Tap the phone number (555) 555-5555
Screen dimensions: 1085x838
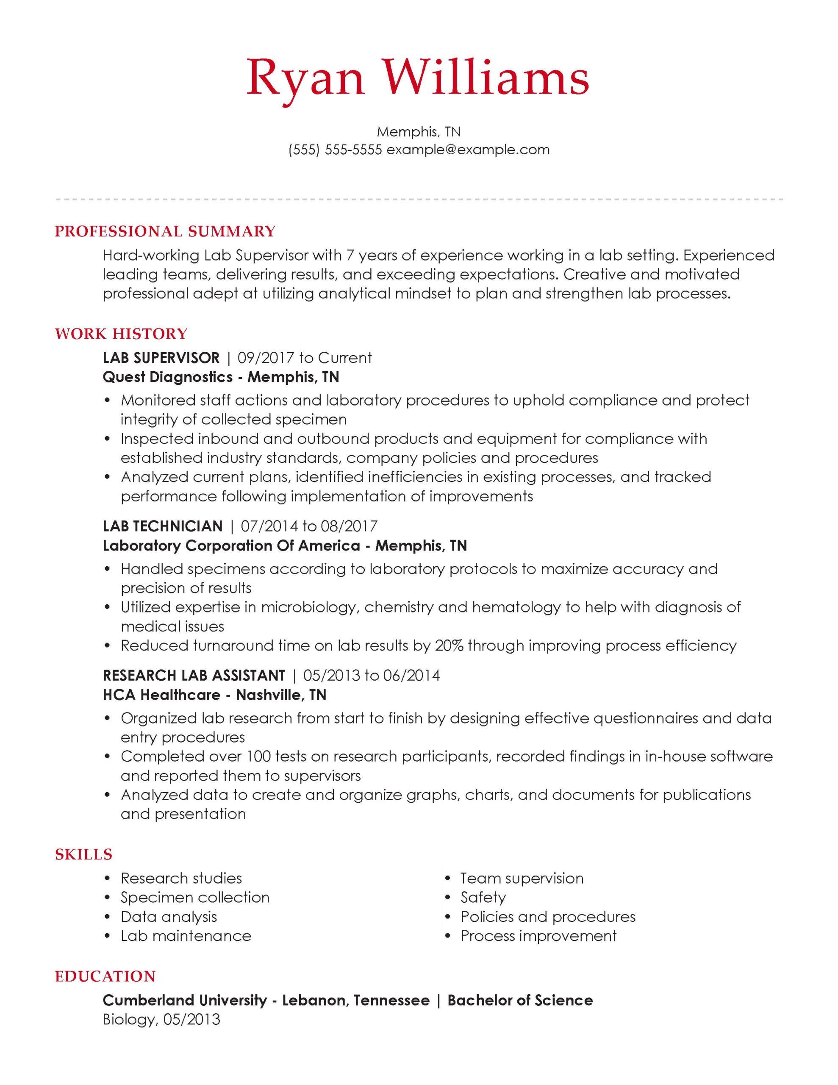tap(335, 150)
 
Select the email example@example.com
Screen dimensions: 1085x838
tap(468, 150)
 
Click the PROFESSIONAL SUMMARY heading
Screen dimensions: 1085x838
tap(165, 231)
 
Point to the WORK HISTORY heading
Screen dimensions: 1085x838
tap(121, 334)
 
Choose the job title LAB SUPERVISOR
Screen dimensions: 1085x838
tap(161, 358)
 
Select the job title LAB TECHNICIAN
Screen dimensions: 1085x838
tap(162, 526)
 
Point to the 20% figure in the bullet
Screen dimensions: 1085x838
tap(449, 645)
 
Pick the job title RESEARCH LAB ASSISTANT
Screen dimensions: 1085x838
tap(194, 675)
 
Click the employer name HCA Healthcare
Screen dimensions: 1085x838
tap(161, 695)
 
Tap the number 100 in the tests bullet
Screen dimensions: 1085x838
tap(258, 756)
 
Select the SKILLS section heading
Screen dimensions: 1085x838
tap(83, 854)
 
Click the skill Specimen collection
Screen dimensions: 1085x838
tap(195, 897)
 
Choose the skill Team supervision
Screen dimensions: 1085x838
tap(522, 878)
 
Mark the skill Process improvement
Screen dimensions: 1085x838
tap(538, 935)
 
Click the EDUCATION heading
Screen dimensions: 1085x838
tap(105, 976)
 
